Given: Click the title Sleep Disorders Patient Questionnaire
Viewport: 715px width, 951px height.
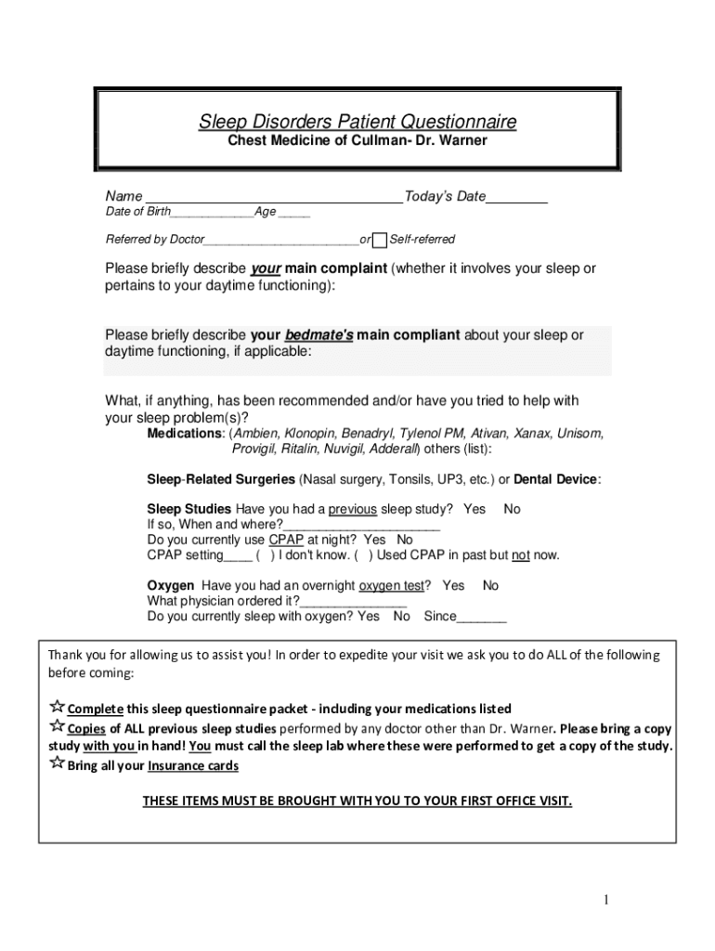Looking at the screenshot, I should (x=357, y=122).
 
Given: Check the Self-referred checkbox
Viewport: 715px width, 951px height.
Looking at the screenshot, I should (x=379, y=241).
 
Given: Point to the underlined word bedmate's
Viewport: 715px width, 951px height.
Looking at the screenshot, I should (x=318, y=335).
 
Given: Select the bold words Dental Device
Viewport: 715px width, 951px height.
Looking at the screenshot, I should (x=556, y=479).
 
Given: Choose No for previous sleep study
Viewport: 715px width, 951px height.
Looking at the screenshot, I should (x=512, y=509).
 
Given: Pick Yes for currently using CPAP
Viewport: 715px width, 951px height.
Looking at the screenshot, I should (x=375, y=540).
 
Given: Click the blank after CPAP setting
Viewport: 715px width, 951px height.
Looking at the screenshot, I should (x=238, y=557).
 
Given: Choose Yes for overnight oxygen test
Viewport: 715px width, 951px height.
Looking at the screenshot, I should (x=453, y=585).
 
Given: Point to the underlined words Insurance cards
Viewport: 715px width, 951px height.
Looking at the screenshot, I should (x=193, y=766).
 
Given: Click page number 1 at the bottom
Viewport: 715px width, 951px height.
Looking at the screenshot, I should (x=605, y=900).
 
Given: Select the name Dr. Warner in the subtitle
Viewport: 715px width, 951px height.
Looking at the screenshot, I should (x=451, y=141).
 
